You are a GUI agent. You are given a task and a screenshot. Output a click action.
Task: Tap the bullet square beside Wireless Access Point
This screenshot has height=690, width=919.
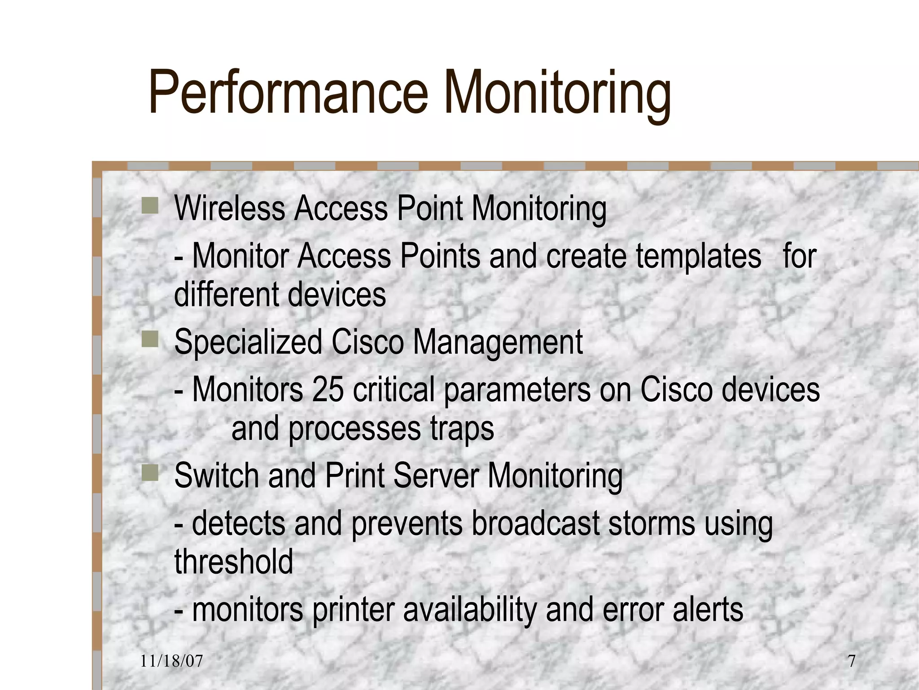click(150, 206)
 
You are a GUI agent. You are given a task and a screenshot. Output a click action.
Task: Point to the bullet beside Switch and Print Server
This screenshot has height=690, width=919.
click(150, 473)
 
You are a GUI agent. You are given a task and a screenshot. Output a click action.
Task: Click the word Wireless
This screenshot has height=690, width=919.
click(229, 208)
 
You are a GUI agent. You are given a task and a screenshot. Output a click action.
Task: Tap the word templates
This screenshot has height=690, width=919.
click(698, 256)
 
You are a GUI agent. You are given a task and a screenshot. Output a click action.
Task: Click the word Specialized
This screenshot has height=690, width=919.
click(248, 342)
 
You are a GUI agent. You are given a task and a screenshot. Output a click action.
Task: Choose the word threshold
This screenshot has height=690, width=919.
click(233, 562)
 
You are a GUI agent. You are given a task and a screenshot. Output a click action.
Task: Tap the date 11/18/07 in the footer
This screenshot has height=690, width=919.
click(171, 661)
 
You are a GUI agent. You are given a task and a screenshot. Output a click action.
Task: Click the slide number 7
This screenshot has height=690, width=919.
click(851, 661)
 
